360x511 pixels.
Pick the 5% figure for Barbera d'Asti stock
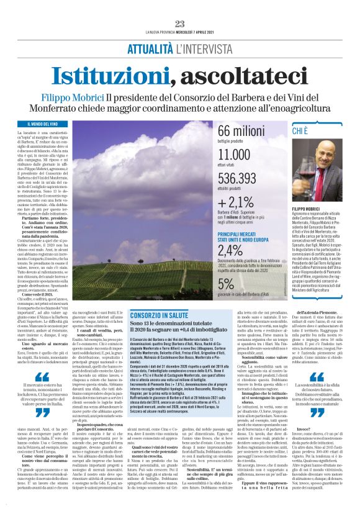tap(227, 284)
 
